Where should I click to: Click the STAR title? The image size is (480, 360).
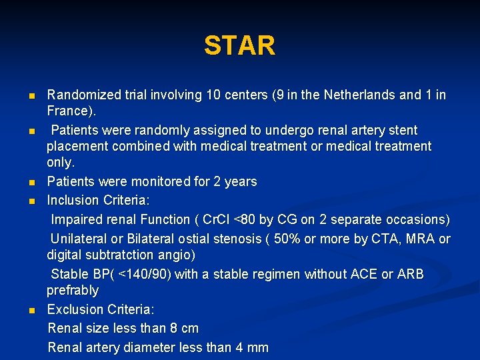[239, 46]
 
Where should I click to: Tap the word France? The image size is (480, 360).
[68, 111]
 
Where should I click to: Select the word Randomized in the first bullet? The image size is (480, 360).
[83, 95]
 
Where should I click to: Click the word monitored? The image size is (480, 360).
[163, 181]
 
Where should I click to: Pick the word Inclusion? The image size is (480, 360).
[73, 201]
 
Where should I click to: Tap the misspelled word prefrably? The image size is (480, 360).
[73, 290]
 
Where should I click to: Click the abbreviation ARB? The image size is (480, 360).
[410, 274]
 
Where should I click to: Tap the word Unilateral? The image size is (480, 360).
[81, 239]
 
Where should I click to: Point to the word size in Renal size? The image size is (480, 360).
[97, 328]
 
